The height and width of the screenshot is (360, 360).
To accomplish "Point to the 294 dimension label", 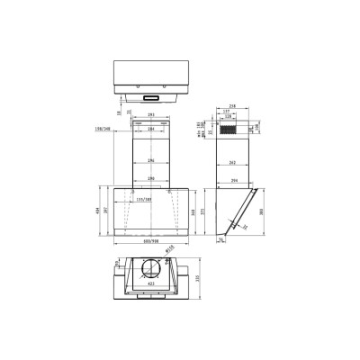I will [x=234, y=181].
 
